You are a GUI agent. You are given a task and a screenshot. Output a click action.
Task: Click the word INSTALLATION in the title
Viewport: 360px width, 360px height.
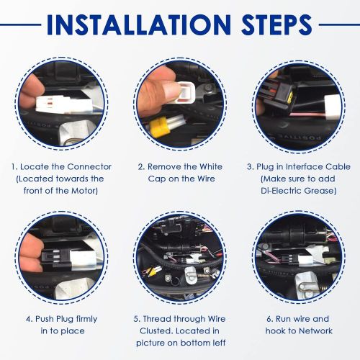point(139,24)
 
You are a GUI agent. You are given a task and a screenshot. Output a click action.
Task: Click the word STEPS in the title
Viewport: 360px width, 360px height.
point(276,24)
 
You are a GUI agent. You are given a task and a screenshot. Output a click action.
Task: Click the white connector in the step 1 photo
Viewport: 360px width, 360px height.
point(64,104)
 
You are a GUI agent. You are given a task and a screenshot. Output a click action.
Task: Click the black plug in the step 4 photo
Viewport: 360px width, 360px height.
point(56,257)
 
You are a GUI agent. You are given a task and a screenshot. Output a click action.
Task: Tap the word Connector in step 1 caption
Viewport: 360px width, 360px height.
point(89,166)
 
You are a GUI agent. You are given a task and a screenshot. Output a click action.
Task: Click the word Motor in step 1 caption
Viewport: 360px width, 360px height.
point(85,191)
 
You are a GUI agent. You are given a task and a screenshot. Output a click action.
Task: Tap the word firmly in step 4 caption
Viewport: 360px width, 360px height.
point(86,319)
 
